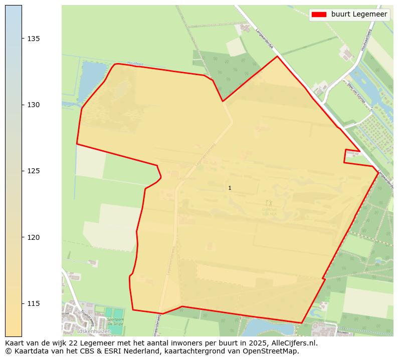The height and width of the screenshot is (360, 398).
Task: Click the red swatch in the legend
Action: [x=319, y=15]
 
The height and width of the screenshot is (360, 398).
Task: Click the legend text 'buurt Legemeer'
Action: [x=359, y=15]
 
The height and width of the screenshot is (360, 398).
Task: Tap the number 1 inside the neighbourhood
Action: [x=230, y=188]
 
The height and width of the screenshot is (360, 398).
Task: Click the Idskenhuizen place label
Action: [x=94, y=331]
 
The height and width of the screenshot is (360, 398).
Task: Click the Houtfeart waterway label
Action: [x=135, y=64]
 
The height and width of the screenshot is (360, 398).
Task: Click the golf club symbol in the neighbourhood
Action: [x=269, y=203]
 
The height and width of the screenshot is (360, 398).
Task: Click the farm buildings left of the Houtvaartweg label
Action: [x=346, y=52]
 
